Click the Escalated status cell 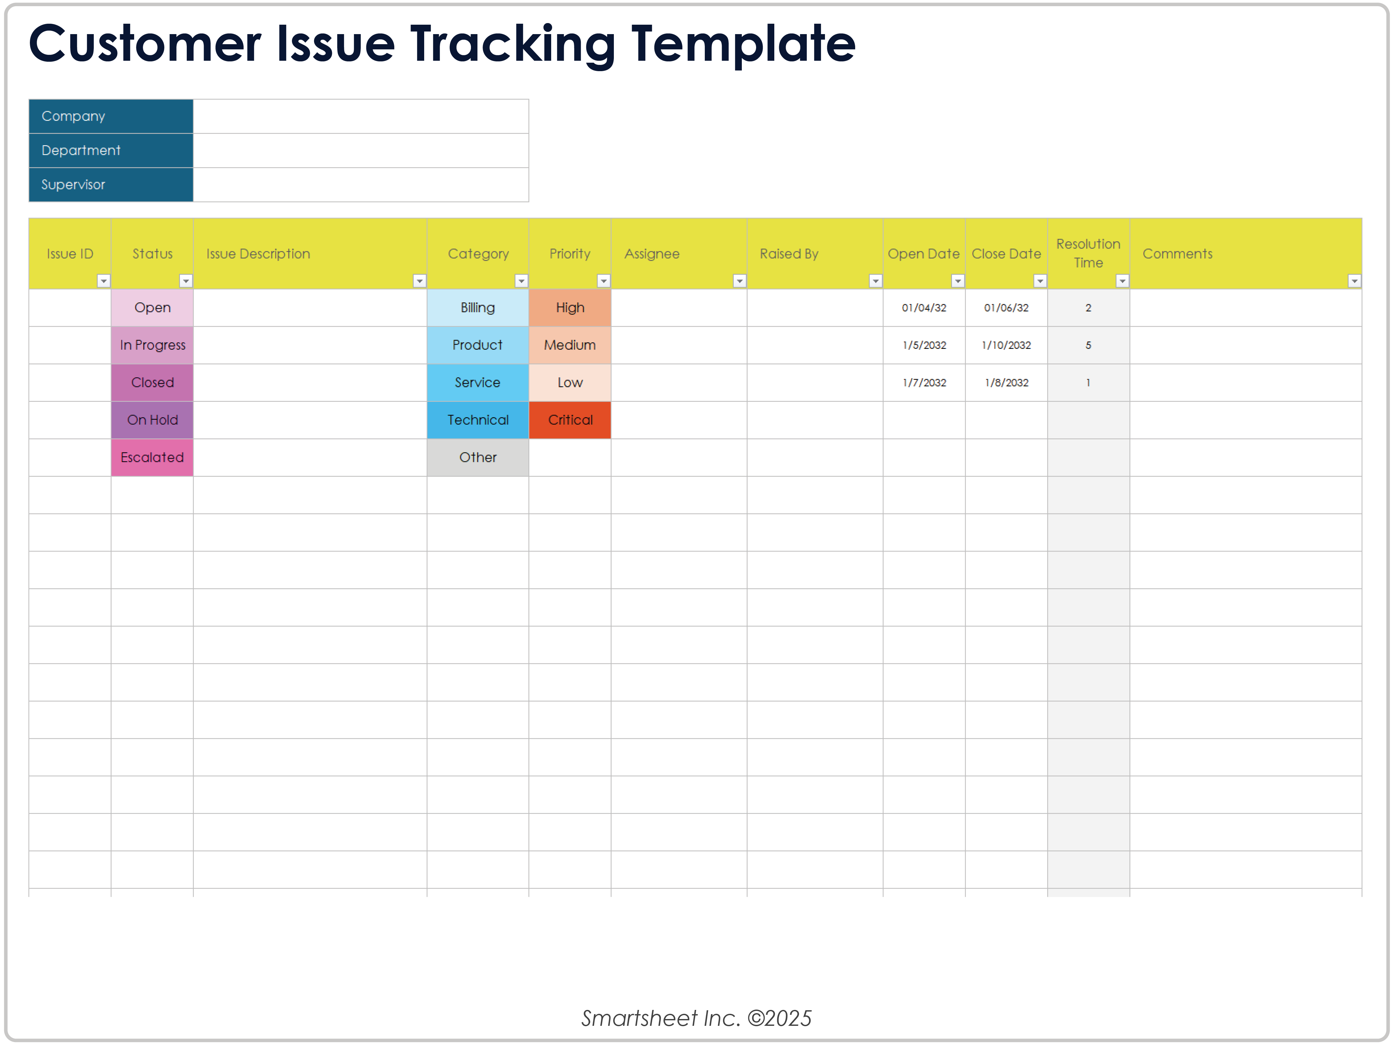[x=152, y=458]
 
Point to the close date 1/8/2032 [x=1007, y=383]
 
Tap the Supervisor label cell [x=111, y=185]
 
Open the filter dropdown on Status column [x=186, y=281]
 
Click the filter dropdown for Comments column [x=1354, y=281]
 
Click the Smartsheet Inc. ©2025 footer [x=696, y=1018]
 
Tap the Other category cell [x=478, y=458]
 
